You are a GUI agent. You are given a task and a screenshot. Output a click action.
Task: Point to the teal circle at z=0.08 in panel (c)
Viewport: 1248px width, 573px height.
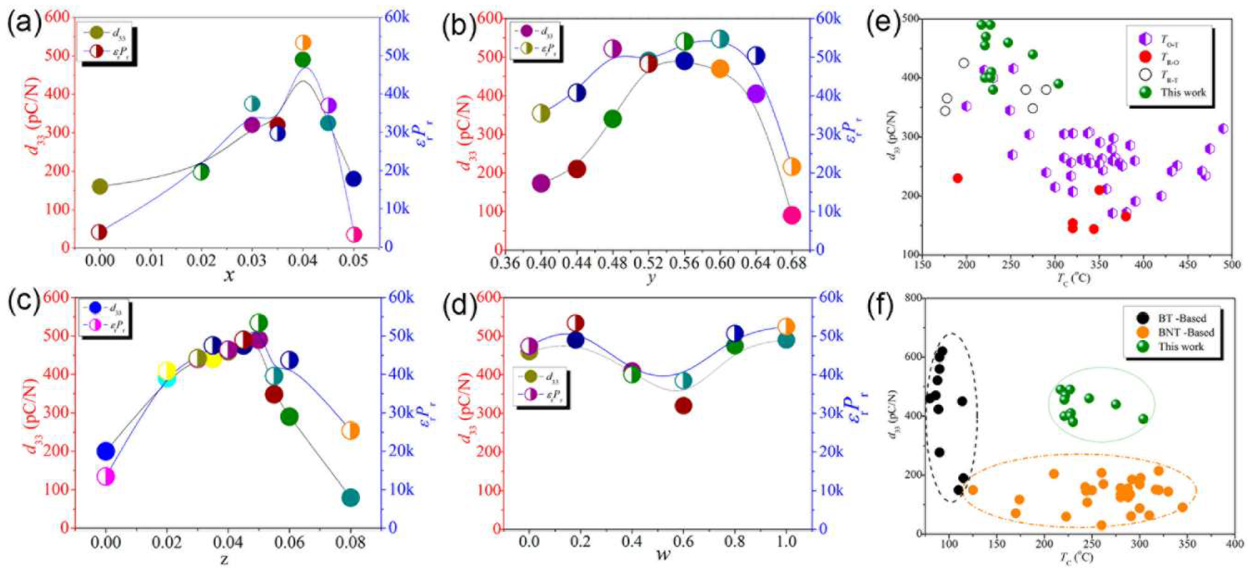[x=350, y=498]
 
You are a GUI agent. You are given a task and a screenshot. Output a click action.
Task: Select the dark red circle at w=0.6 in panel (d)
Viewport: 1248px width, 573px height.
[x=683, y=405]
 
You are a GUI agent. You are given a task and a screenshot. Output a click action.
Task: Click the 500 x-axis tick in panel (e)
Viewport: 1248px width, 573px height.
[x=1230, y=264]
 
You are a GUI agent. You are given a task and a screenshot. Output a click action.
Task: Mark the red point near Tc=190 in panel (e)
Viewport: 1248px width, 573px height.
[x=957, y=178]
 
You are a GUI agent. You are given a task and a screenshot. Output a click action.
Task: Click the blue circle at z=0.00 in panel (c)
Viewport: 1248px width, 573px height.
[x=105, y=452]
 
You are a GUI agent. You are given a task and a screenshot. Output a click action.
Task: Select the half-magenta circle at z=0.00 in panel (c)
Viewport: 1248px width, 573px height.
[x=105, y=476]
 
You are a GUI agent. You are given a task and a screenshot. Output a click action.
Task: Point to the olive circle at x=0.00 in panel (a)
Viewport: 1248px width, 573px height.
[x=99, y=186]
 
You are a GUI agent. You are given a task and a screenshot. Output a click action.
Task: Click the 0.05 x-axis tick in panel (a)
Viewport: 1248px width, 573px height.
[x=353, y=262]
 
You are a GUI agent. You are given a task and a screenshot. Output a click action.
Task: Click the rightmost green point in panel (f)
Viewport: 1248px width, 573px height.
[x=1143, y=418]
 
